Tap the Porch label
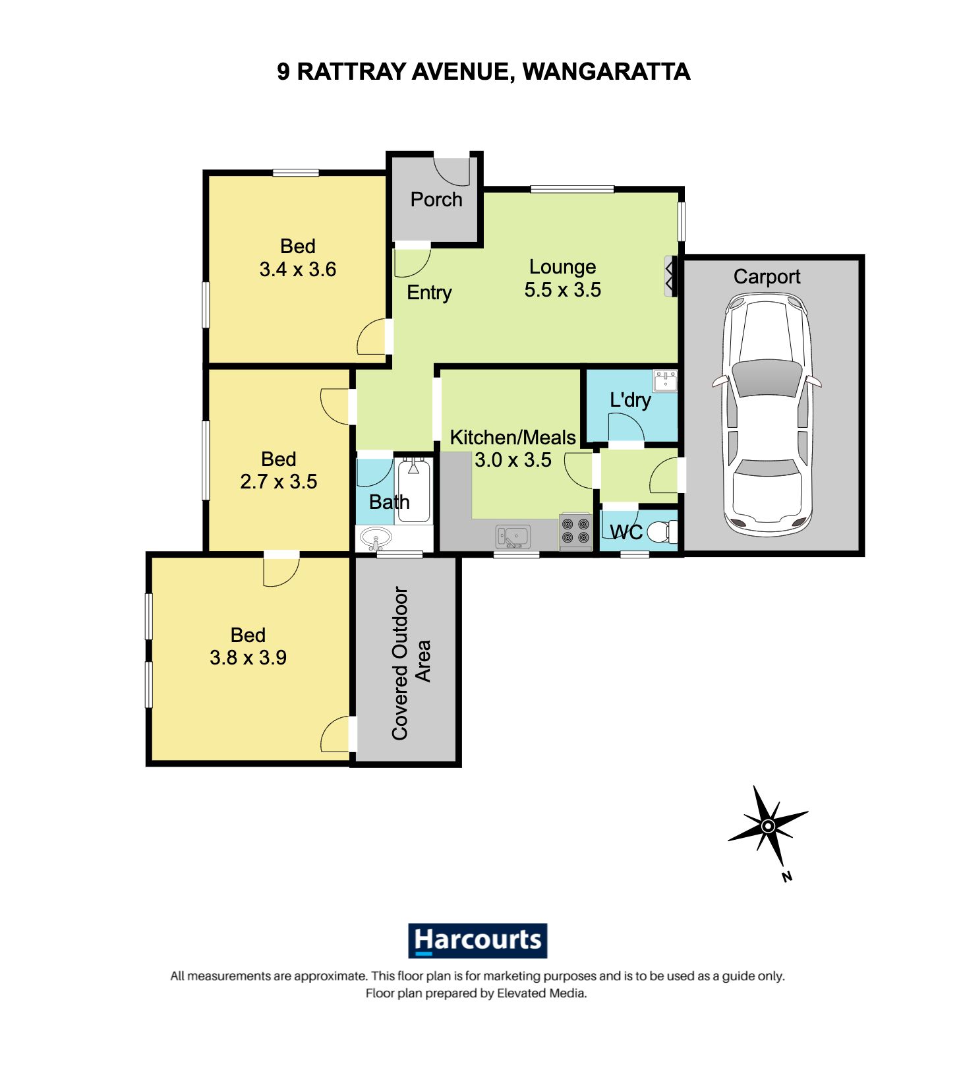coord(436,199)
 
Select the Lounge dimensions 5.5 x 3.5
coord(562,289)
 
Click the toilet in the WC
coord(660,531)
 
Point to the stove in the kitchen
coord(575,531)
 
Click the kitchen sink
coord(513,536)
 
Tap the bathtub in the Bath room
coord(414,491)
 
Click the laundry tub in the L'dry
coord(664,380)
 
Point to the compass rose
coord(768,825)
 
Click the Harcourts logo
coord(477,940)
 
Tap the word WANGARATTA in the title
coord(606,71)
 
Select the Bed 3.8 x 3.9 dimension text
coord(248,657)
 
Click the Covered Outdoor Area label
coord(411,663)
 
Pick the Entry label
coord(429,292)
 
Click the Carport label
coord(767,276)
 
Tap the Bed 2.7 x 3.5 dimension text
coord(278,481)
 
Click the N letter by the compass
coord(786,876)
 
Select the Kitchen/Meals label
coord(512,437)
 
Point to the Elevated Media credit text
coord(541,993)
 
